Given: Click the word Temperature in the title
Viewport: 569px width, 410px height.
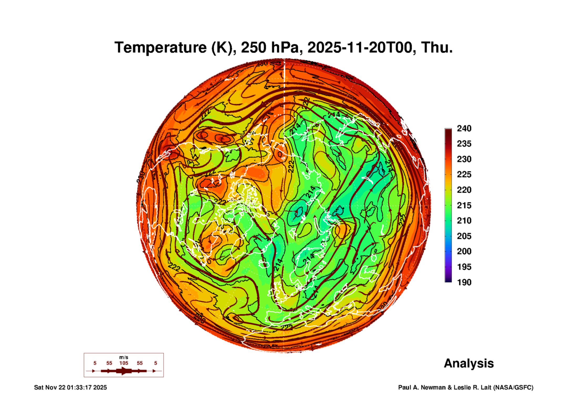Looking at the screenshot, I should [x=160, y=48].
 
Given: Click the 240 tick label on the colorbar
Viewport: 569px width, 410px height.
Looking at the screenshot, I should [x=464, y=128].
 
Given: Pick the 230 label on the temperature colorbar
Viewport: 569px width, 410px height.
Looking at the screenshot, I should [x=464, y=159].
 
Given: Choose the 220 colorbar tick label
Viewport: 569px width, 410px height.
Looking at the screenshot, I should [x=464, y=190].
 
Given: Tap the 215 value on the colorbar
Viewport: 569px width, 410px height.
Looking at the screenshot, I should [x=464, y=205].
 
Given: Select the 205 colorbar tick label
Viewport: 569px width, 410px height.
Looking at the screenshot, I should [x=464, y=236].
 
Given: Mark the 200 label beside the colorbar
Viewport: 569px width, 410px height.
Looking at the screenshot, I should [x=464, y=251].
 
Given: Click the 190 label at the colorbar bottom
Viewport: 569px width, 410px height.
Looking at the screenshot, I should [x=464, y=282].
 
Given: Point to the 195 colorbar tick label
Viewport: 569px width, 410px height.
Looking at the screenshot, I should [x=464, y=267].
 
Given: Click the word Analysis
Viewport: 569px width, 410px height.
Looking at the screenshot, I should [x=469, y=364].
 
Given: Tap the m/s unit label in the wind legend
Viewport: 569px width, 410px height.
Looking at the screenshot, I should [x=124, y=357].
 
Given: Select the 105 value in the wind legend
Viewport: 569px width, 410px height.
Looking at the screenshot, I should [x=124, y=363].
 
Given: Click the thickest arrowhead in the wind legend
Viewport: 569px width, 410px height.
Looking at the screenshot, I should [x=124, y=371].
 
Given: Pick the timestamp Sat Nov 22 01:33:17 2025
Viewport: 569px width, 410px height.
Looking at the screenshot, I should [x=70, y=387].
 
